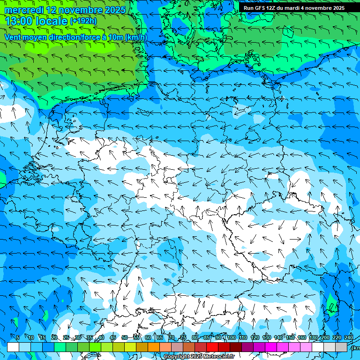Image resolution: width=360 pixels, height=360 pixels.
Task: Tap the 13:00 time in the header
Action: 17,21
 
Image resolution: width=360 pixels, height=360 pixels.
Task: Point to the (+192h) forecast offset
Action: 83,21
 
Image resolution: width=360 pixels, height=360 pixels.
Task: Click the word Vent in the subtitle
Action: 13,37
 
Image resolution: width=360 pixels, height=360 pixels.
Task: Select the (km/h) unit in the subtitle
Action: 136,37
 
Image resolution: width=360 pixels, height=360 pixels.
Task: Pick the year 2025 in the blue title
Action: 113,10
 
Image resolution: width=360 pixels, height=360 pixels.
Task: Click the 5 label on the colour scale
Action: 18,338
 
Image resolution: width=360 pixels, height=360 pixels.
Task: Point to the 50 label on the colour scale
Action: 124,338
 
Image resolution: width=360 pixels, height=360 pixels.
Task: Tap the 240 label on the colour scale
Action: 349,338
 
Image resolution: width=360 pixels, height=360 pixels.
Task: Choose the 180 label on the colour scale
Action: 313,338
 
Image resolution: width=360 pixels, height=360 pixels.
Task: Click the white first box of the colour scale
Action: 13,347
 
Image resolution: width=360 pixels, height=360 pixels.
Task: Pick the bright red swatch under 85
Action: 212,347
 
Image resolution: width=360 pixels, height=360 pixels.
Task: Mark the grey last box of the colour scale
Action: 341,347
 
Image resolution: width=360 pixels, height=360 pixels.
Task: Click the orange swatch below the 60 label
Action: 154,347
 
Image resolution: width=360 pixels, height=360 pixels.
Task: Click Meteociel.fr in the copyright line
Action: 218,357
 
